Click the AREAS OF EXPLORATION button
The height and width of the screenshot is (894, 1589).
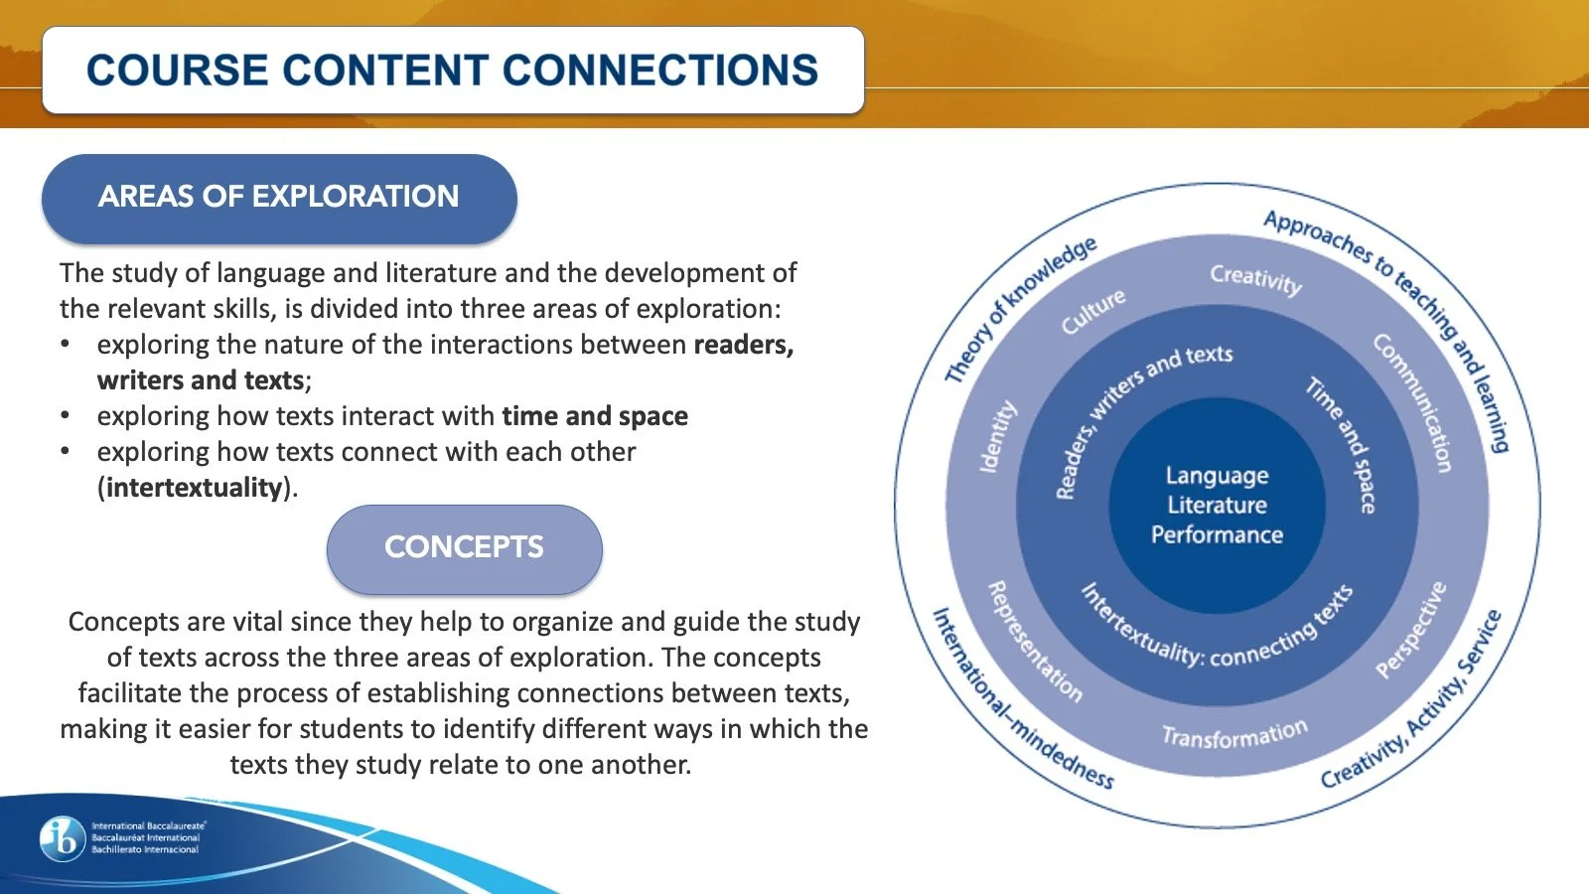click(x=279, y=197)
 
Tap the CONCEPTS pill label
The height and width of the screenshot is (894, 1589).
click(x=464, y=547)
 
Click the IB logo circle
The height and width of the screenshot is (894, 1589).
click(x=62, y=838)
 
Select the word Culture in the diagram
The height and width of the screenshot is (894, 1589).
click(x=1092, y=311)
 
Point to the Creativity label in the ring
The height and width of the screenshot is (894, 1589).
click(x=1255, y=278)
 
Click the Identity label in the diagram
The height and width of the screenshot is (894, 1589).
click(x=997, y=436)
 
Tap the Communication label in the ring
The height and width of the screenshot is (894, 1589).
click(x=1412, y=402)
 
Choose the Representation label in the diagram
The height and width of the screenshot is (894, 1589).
click(x=1034, y=642)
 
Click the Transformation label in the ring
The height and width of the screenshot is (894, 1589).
click(x=1234, y=734)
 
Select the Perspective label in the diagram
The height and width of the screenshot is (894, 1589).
click(x=1411, y=630)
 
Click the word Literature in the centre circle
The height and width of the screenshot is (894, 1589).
click(x=1217, y=506)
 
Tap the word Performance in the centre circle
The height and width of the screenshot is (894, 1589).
click(x=1217, y=535)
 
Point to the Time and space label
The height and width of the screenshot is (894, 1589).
click(x=1342, y=443)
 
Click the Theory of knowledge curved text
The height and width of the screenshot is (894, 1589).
click(x=1019, y=309)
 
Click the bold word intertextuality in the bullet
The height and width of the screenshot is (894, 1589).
click(x=195, y=488)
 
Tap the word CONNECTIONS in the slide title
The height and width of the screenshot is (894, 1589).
click(x=660, y=71)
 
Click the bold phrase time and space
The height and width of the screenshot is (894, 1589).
click(x=594, y=416)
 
